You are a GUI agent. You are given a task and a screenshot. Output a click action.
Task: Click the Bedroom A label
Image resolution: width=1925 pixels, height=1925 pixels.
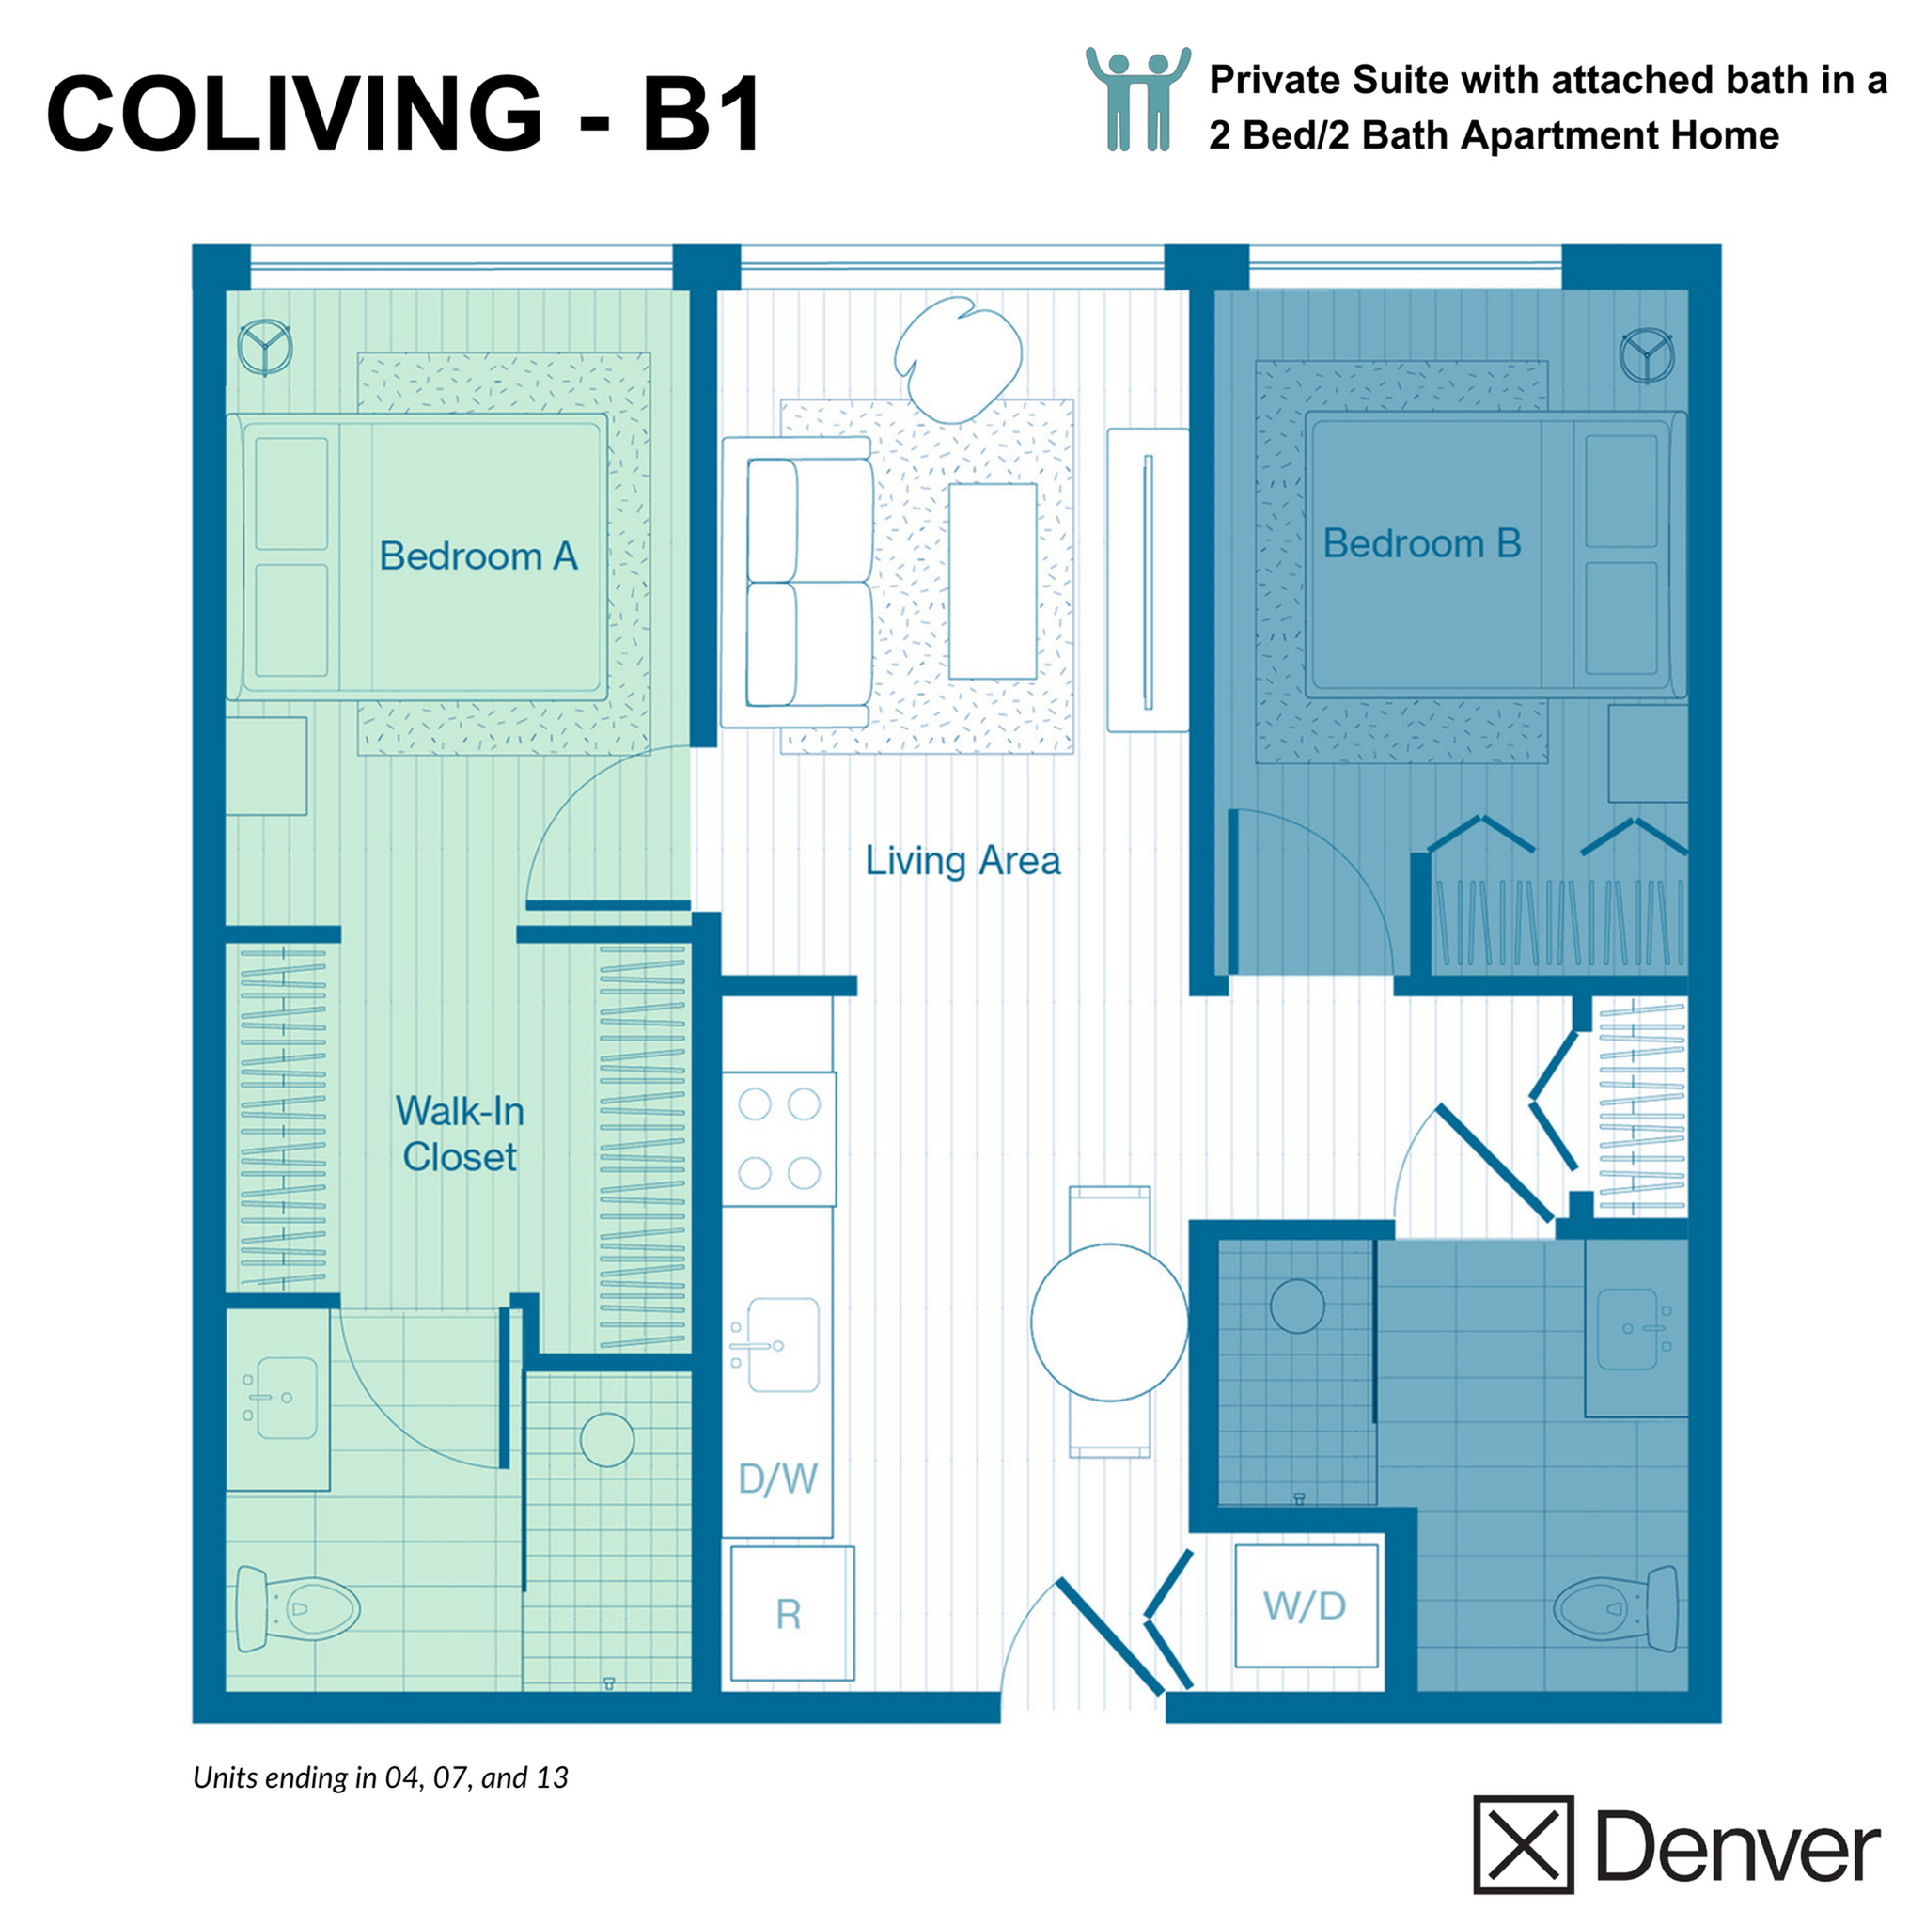(478, 556)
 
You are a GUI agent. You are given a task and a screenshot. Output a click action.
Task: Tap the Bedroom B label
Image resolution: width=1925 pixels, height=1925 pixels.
(1422, 544)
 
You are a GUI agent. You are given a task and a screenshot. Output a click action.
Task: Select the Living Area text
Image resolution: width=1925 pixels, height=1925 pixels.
(962, 861)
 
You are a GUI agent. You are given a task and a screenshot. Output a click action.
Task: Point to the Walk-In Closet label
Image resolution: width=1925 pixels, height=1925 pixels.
(460, 1134)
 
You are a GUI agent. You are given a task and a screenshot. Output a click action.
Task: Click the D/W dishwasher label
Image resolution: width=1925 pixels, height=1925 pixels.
(777, 1479)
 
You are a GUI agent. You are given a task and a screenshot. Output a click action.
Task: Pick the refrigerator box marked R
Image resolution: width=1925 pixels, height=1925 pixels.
(792, 1613)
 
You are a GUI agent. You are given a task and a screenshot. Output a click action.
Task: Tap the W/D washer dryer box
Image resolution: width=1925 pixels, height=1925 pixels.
(1306, 1605)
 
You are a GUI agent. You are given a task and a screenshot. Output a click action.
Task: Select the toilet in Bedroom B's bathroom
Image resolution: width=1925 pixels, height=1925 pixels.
(1616, 1608)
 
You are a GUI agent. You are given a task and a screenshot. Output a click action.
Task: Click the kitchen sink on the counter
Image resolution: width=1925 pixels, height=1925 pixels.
(782, 1345)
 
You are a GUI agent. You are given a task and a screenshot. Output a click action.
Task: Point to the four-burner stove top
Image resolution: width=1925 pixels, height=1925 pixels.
(779, 1139)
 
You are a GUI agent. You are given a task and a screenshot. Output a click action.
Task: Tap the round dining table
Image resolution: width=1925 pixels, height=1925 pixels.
(1109, 1322)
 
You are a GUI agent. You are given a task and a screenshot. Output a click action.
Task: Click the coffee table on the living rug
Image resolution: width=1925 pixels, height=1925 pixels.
(993, 581)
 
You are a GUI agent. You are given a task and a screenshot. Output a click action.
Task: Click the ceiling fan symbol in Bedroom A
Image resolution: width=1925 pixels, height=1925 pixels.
(265, 347)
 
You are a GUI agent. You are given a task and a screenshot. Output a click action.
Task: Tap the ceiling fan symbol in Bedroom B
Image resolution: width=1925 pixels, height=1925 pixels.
(1646, 355)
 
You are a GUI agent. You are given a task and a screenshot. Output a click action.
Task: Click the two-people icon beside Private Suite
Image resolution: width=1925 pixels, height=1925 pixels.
(1138, 100)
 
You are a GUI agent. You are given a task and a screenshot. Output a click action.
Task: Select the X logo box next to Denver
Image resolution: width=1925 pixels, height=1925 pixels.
(1523, 1843)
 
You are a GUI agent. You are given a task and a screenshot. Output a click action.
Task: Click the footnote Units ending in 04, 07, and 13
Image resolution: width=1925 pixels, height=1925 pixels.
(381, 1777)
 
